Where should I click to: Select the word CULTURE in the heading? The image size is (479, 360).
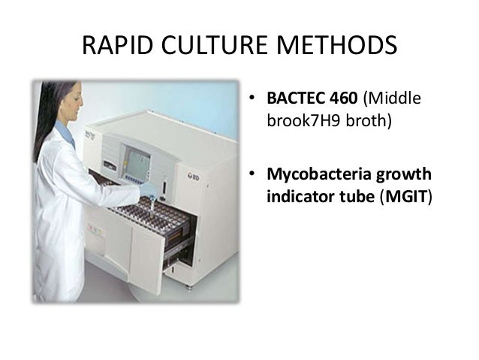[209, 47]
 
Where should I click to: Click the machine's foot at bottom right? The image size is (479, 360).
[188, 286]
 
